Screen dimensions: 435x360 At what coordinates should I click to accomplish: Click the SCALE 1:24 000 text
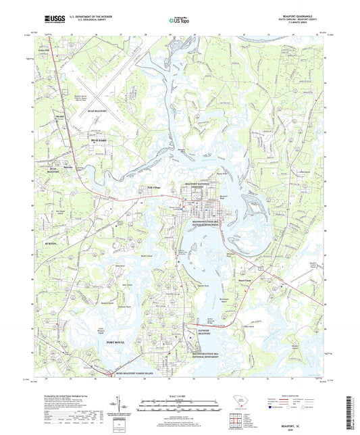180,395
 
